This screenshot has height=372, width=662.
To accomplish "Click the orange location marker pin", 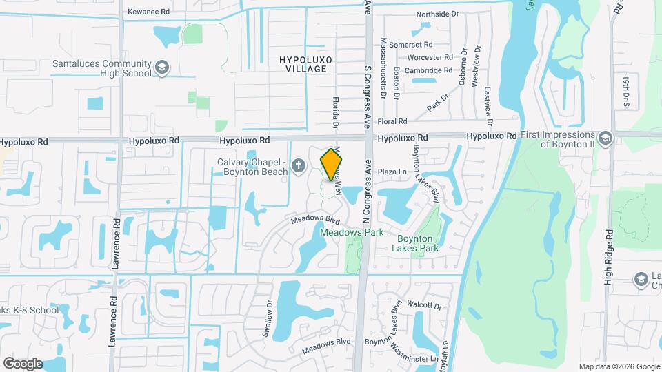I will [332, 165].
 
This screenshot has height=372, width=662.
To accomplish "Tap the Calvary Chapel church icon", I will [298, 165].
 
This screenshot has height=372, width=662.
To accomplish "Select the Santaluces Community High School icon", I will [161, 67].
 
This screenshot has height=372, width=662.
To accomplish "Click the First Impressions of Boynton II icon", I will [605, 136].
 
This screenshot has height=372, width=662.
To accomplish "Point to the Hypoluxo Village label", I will [305, 65].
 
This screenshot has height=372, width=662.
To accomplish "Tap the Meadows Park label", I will [352, 233].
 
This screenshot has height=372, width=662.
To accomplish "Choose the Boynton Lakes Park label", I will [418, 243].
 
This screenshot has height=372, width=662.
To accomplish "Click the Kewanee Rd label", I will [149, 12].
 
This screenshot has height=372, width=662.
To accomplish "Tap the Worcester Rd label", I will [430, 57].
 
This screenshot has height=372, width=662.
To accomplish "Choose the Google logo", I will [23, 363].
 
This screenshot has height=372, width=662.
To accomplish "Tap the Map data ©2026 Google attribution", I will [619, 366].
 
